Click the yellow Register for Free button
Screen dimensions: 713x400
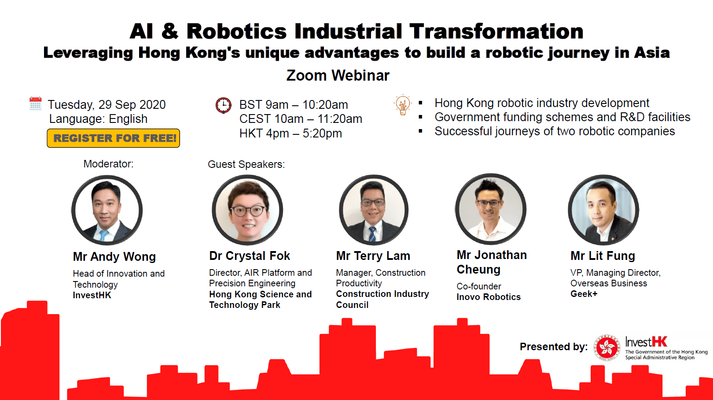113,138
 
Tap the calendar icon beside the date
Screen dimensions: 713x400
35,103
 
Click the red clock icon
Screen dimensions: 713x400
224,105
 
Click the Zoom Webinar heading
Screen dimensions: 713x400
338,75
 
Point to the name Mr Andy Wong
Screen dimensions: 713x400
114,256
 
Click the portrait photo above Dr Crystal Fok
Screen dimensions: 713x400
247,210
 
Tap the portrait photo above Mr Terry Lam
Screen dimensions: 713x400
374,210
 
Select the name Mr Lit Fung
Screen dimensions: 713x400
603,256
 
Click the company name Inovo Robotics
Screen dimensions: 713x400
489,297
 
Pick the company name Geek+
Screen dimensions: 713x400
584,294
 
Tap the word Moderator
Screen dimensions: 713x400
108,164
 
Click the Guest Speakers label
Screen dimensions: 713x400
246,164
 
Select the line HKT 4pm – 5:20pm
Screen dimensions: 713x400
290,133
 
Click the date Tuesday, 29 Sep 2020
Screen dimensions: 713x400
107,105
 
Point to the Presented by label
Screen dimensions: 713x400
554,347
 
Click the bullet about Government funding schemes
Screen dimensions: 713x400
562,117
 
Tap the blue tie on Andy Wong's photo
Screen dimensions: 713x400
103,236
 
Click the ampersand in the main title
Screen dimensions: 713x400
170,32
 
